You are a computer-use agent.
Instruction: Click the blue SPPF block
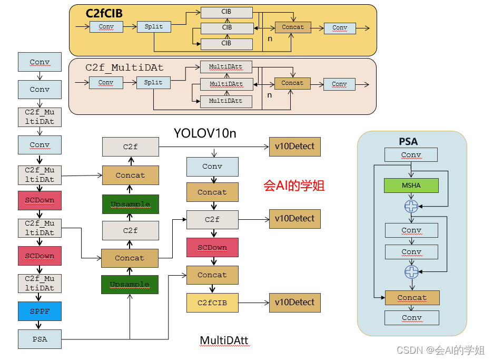point(40,312)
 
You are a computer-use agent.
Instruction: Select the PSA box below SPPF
point(40,339)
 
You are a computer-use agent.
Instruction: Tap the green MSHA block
point(411,185)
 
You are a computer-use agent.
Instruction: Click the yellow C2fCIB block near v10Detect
point(212,303)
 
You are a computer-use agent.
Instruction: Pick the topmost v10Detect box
point(294,147)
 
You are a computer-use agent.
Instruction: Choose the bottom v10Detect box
point(294,303)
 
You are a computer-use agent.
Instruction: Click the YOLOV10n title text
point(205,133)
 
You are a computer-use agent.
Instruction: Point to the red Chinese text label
point(294,186)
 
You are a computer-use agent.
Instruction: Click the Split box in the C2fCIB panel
point(154,27)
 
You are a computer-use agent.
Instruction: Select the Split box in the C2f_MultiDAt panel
point(153,83)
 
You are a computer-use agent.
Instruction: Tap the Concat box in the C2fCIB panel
point(293,27)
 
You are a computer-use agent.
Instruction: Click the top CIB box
point(226,12)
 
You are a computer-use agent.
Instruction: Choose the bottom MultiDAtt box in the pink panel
point(226,101)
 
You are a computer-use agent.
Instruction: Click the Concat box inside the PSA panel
point(412,298)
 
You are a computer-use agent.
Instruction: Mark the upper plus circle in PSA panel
point(411,207)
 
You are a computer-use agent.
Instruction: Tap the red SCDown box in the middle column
point(212,247)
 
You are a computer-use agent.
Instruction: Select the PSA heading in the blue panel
point(408,141)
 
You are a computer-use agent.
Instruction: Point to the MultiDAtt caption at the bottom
point(224,341)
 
